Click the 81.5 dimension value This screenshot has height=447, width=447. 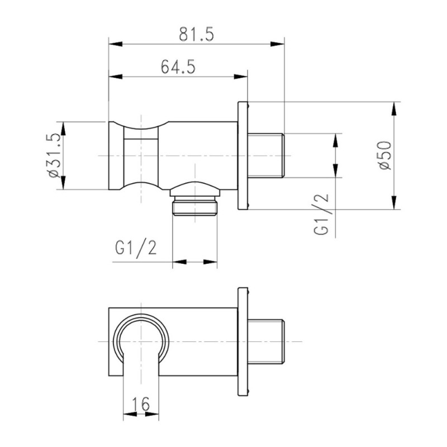point(196,34)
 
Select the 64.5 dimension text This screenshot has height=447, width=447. point(178,67)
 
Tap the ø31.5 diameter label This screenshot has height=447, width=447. point(54,156)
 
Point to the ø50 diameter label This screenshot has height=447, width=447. point(386,156)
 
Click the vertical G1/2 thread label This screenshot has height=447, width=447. point(321,214)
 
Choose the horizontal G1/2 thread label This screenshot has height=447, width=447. point(136,248)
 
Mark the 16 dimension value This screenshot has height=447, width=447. point(141,403)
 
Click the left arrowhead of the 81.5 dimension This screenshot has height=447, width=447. point(116,44)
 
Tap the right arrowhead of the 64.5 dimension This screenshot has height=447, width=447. point(241,77)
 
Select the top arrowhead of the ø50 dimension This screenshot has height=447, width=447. point(394,108)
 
